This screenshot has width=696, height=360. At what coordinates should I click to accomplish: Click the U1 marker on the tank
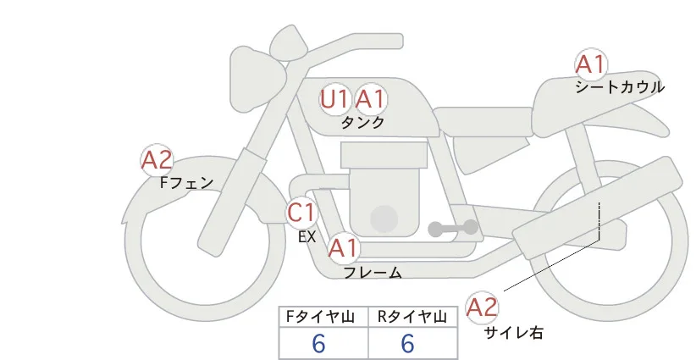coord(334,99)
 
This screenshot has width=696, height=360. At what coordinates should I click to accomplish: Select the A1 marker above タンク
coord(370,99)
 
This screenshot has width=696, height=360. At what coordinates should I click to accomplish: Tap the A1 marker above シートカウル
coord(591,64)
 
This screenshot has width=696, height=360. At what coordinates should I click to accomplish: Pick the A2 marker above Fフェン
coord(157,160)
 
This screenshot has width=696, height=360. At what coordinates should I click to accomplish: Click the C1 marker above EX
coord(301,212)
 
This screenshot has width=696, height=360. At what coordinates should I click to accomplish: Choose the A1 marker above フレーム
coord(344,247)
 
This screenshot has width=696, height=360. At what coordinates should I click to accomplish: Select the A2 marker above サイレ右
coord(482,307)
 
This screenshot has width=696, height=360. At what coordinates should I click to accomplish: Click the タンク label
coord(362,123)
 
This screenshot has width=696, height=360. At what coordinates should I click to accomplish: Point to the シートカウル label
coord(620,87)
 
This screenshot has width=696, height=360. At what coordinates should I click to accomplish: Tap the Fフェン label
coord(187,182)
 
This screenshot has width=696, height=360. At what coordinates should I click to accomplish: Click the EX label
coord(307,237)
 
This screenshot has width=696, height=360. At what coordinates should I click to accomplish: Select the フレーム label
coord(373,272)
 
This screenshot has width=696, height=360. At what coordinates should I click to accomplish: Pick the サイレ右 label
coord(514,333)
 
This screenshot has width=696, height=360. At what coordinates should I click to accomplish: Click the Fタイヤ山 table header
coord(321,317)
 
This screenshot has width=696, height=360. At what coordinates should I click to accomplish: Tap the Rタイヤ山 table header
coord(412,317)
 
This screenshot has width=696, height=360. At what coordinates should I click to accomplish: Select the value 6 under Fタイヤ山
coord(318,343)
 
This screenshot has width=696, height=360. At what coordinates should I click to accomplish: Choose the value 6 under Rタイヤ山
coord(407,343)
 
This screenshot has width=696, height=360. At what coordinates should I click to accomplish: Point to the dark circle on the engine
coord(384,219)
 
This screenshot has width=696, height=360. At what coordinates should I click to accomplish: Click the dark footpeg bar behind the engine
coord(454,228)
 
